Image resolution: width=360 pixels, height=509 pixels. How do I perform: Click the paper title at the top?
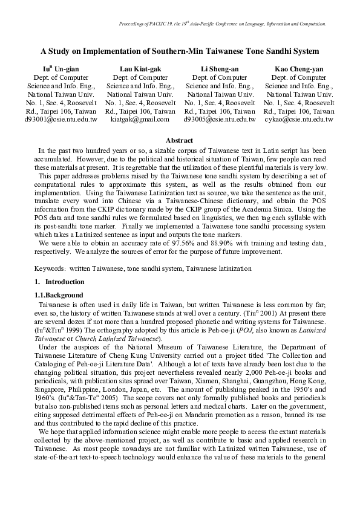pyautogui.click(x=180, y=52)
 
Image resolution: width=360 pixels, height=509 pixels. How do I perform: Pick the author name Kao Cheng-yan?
pyautogui.click(x=299, y=69)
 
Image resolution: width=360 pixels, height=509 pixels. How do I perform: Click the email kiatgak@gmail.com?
pyautogui.click(x=140, y=120)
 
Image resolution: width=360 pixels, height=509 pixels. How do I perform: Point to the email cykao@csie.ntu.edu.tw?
pyautogui.click(x=299, y=120)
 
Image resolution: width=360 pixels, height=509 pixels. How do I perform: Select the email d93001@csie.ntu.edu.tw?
pyautogui.click(x=61, y=120)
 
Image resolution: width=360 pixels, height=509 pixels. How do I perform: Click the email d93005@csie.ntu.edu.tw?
pyautogui.click(x=220, y=120)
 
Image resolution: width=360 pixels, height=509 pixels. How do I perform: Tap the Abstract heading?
pyautogui.click(x=179, y=140)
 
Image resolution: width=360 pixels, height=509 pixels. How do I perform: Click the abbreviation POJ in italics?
pyautogui.click(x=226, y=331)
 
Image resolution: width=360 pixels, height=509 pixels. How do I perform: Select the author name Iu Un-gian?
pyautogui.click(x=61, y=69)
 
